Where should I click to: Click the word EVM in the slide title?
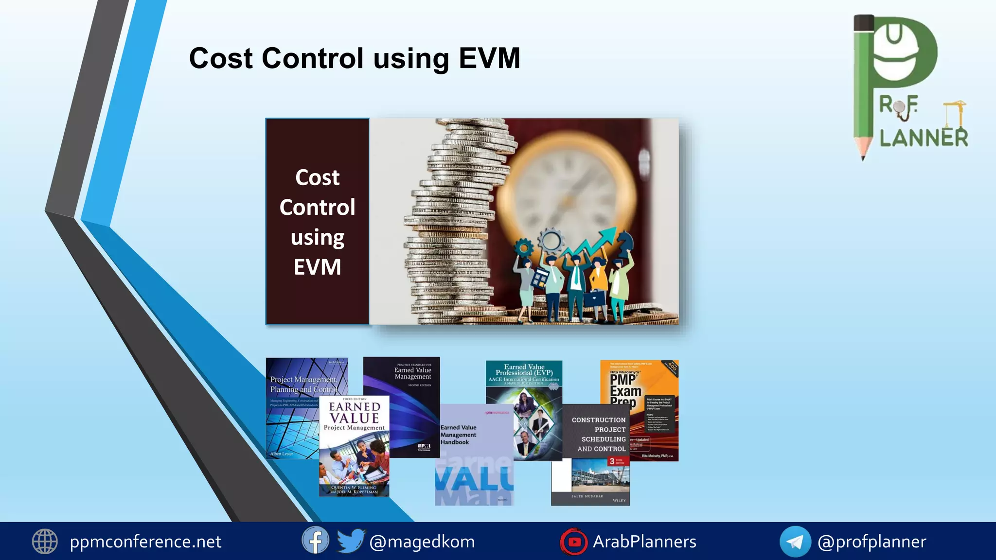pyautogui.click(x=489, y=58)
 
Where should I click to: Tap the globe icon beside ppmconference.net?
pyautogui.click(x=45, y=542)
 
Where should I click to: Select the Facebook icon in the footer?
pyautogui.click(x=315, y=541)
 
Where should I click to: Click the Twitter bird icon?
pyautogui.click(x=350, y=541)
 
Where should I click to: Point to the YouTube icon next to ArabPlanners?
pyautogui.click(x=574, y=542)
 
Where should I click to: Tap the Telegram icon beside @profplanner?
pyautogui.click(x=795, y=542)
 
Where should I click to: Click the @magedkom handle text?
pyautogui.click(x=422, y=542)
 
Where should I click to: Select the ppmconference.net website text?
pyautogui.click(x=145, y=542)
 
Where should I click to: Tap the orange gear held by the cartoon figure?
pyautogui.click(x=523, y=247)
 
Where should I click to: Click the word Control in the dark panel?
pyautogui.click(x=317, y=208)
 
